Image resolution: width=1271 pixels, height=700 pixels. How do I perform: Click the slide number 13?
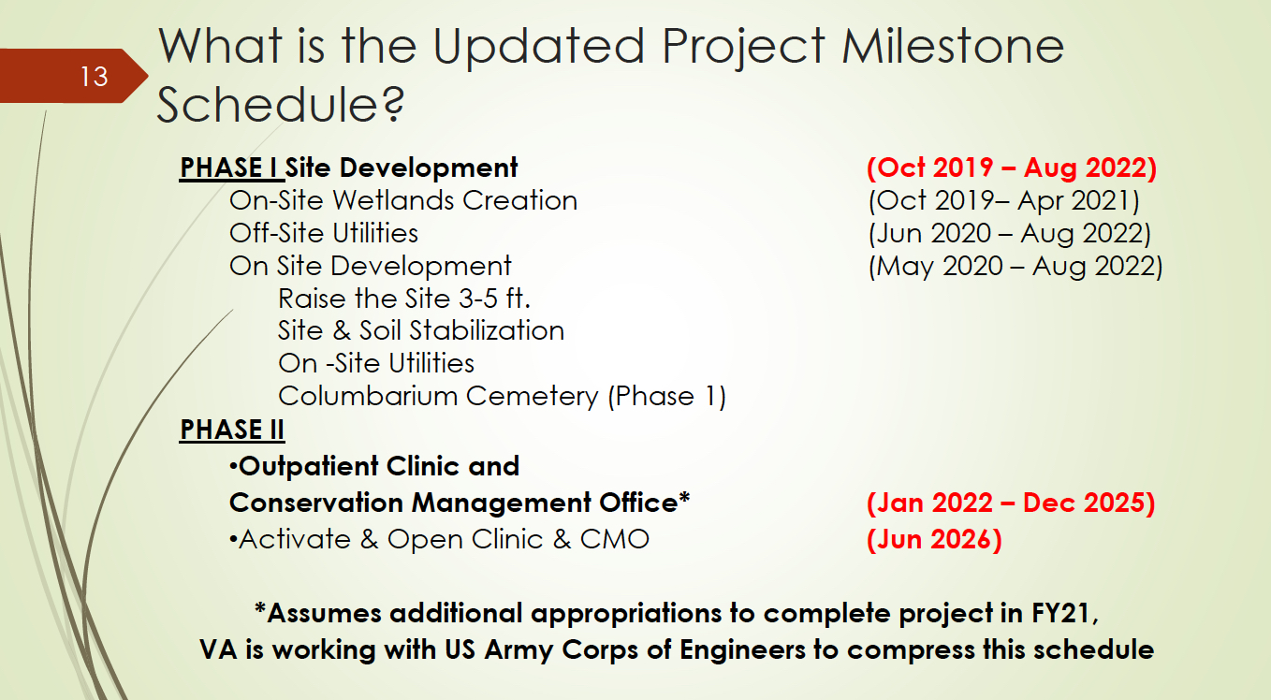coord(95,77)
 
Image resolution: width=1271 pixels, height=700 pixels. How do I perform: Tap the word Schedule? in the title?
coord(280,105)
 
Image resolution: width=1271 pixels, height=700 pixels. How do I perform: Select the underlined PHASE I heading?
coord(228,168)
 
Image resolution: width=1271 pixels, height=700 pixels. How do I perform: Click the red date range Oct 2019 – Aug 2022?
coord(1012,168)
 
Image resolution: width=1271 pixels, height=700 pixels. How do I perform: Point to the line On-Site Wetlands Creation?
coord(402,200)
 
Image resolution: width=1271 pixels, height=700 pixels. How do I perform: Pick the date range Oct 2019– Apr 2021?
coord(1003,201)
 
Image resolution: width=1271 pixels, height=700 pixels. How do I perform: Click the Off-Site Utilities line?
coord(324,233)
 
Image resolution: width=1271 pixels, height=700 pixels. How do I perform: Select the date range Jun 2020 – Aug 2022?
coord(1010,234)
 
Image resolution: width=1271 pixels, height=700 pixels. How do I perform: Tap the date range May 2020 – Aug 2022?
coord(1015,267)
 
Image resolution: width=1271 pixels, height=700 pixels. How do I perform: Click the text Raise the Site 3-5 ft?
coord(404,299)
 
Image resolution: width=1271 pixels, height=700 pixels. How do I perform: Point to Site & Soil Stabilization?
coord(421,330)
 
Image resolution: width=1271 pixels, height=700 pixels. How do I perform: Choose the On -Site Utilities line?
coord(376,364)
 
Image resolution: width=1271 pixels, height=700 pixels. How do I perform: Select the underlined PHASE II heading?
coord(232,430)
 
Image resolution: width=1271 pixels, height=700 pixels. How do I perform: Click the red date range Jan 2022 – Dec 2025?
coord(1011,503)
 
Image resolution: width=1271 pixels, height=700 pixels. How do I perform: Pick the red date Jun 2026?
coord(934,539)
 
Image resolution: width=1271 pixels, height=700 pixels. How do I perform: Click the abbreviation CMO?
coord(615,539)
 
